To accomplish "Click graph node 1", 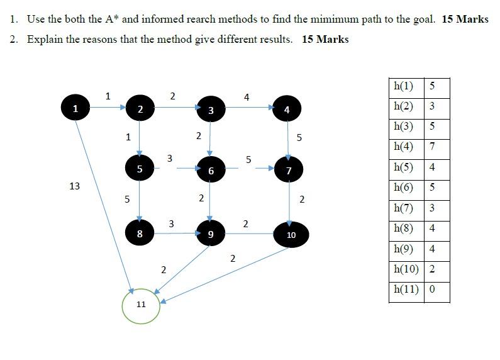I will (75, 108).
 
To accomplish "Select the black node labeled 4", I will (287, 110).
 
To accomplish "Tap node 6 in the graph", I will (211, 171).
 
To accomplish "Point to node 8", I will (140, 233).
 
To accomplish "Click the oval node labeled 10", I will (291, 234).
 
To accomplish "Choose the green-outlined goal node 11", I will (141, 305).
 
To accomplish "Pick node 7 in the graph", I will (289, 171).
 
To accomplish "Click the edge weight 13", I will (75, 186).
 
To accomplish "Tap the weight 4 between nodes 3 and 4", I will (247, 97).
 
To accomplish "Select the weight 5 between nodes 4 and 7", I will (299, 137).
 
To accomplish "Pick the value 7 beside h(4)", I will (432, 147).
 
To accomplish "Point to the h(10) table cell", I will (406, 269).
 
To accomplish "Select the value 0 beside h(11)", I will (432, 290).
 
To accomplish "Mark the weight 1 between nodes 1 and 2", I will (108, 96).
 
